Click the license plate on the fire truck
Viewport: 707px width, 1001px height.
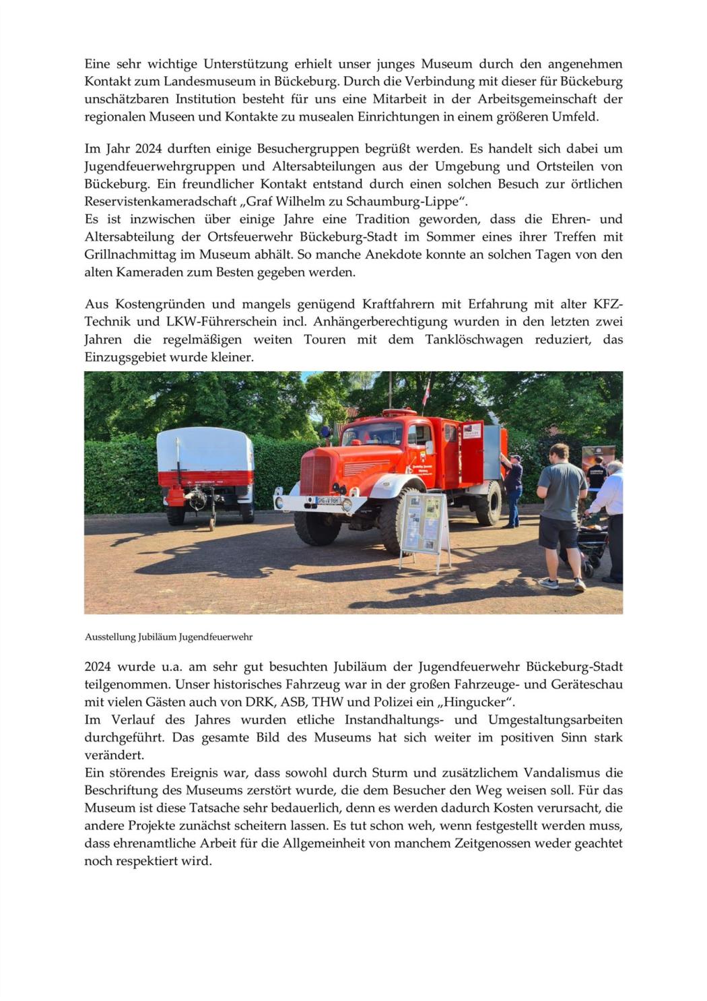328,500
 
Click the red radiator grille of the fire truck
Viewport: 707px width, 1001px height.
315,472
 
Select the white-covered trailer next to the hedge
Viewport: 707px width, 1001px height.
205,465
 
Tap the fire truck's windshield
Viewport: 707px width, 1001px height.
372,433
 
